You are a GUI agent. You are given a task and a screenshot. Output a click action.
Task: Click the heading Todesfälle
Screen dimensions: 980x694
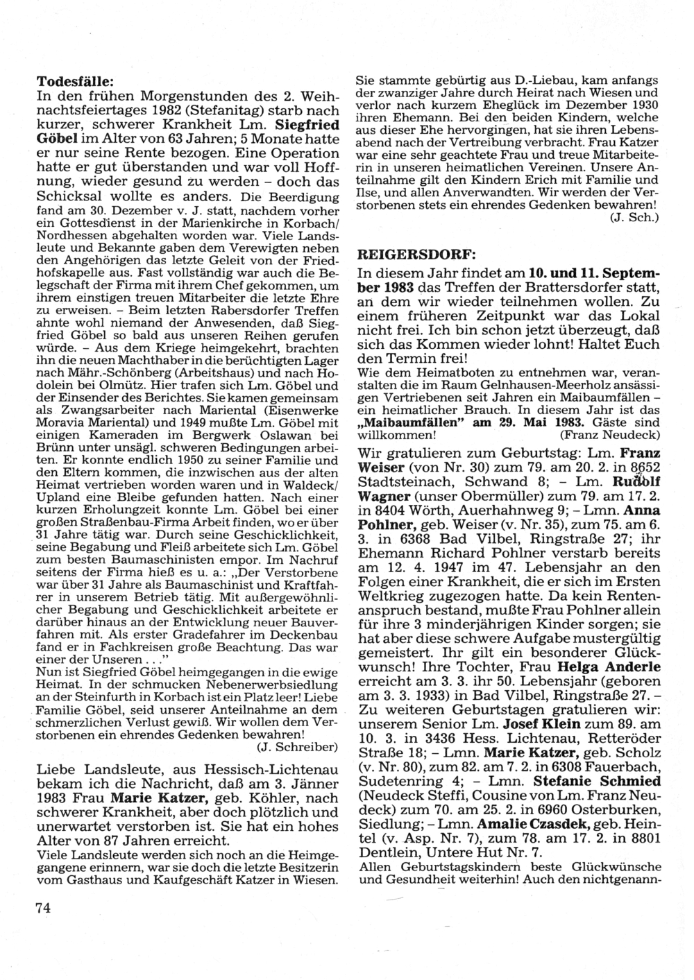[76, 80]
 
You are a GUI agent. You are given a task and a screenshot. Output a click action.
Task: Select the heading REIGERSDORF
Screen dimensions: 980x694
[406, 254]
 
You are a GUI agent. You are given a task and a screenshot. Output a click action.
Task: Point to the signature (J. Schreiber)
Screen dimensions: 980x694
[287, 747]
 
